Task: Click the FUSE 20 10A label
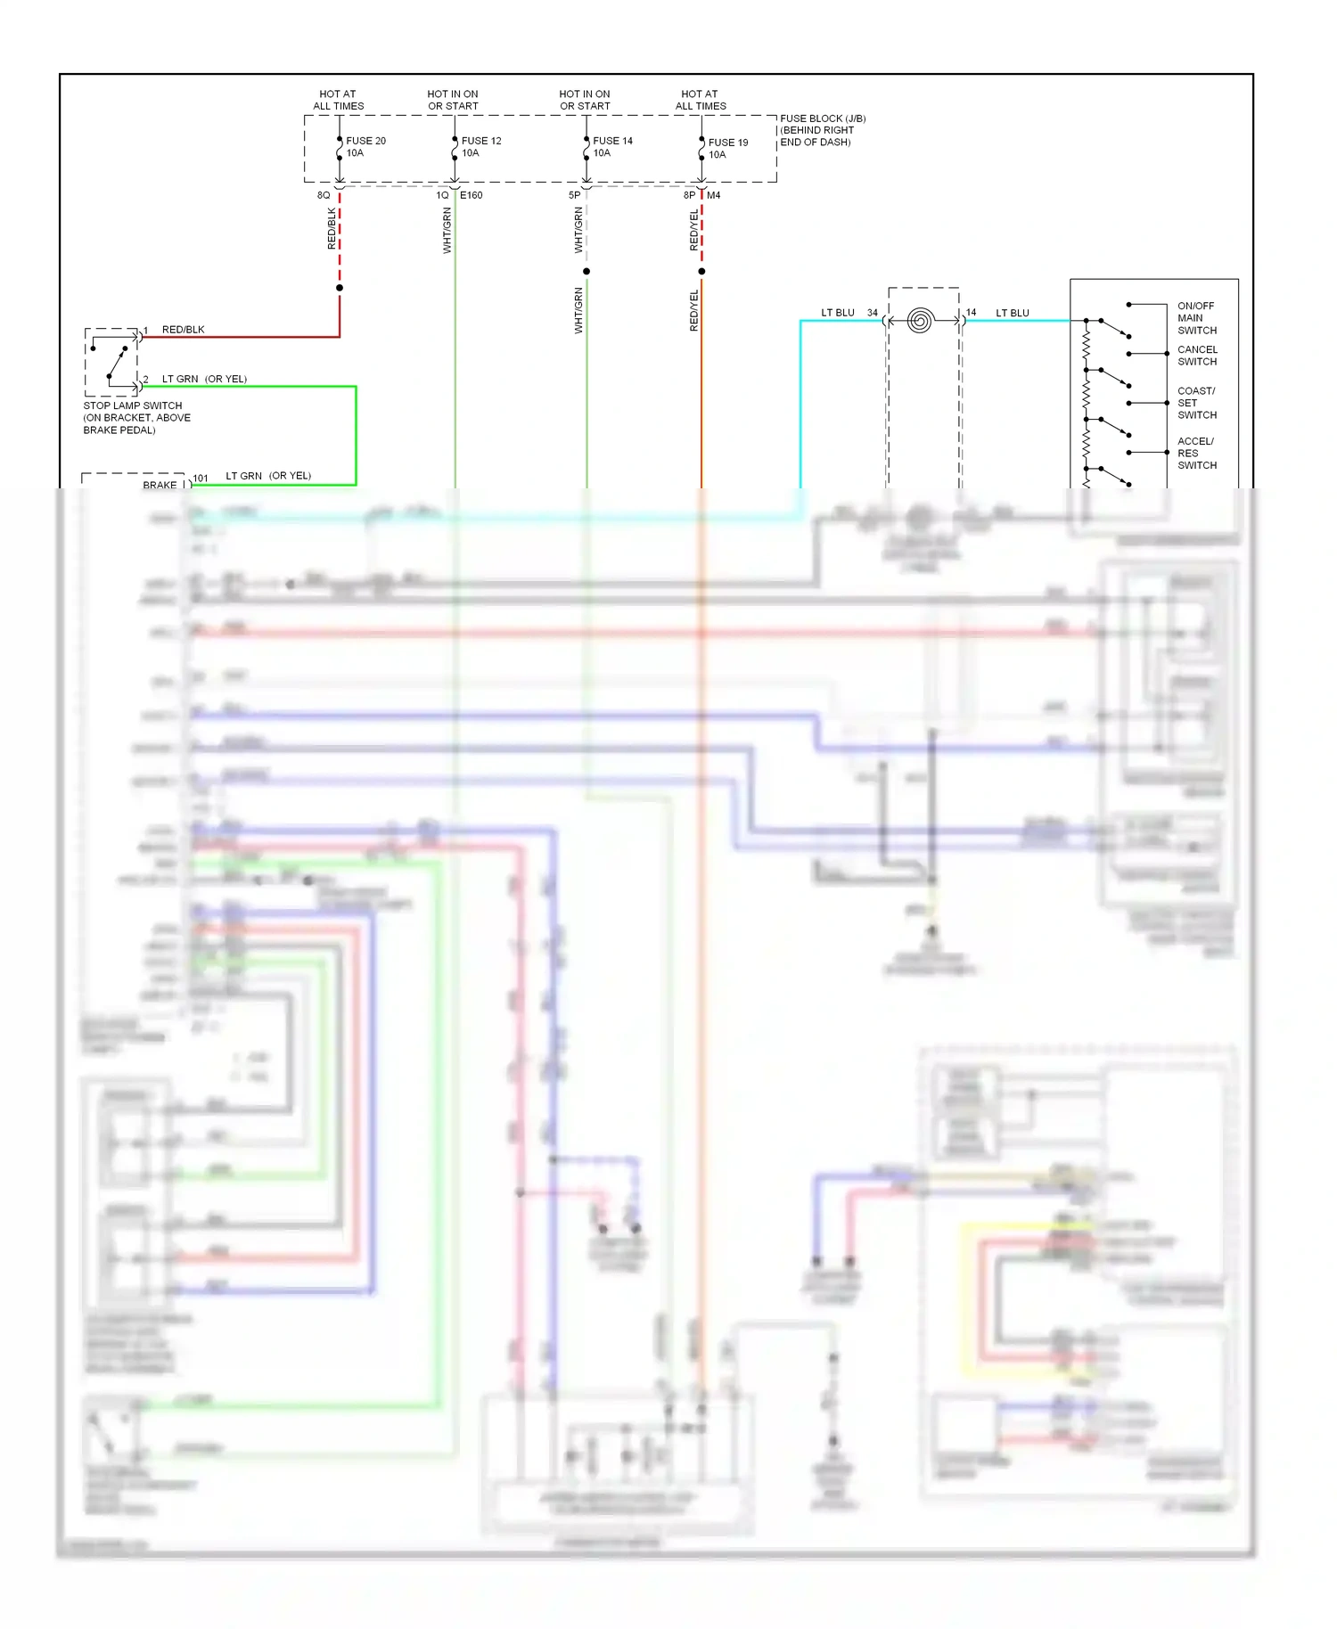pyautogui.click(x=365, y=147)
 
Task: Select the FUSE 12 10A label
pyautogui.click(x=480, y=147)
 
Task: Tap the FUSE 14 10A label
pyautogui.click(x=612, y=147)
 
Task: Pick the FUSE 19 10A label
pyautogui.click(x=727, y=149)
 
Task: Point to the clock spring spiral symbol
pyautogui.click(x=920, y=320)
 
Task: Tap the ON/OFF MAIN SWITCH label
pyautogui.click(x=1196, y=318)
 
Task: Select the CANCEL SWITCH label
pyautogui.click(x=1196, y=356)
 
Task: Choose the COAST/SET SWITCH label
pyautogui.click(x=1196, y=403)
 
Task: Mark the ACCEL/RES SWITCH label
pyautogui.click(x=1196, y=454)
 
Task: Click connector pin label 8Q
pyautogui.click(x=324, y=195)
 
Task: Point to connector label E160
pyautogui.click(x=472, y=195)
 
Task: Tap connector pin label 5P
pyautogui.click(x=574, y=195)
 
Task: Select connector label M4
pyautogui.click(x=714, y=195)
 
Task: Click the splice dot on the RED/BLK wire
pyautogui.click(x=340, y=288)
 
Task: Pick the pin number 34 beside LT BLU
pyautogui.click(x=872, y=313)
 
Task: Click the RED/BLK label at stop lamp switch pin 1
pyautogui.click(x=183, y=330)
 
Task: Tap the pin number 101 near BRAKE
pyautogui.click(x=201, y=479)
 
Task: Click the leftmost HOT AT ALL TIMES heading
pyautogui.click(x=338, y=100)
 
